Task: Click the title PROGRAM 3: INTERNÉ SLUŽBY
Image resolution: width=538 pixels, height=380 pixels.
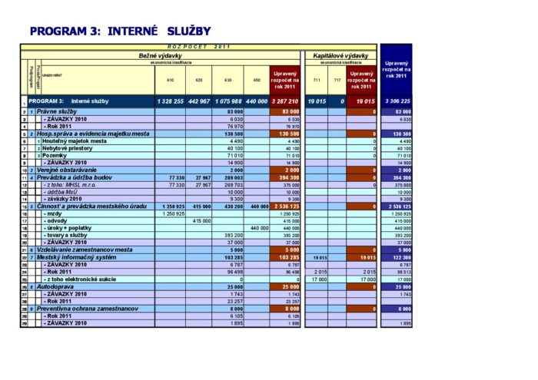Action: coord(119,31)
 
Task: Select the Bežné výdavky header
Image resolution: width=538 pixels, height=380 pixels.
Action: coord(160,56)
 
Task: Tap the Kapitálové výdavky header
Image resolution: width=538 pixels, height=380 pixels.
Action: coord(340,56)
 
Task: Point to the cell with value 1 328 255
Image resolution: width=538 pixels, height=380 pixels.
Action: coord(170,101)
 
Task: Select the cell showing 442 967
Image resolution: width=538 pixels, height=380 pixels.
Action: coord(198,101)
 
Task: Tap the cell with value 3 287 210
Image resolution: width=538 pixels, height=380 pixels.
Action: coord(284,101)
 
